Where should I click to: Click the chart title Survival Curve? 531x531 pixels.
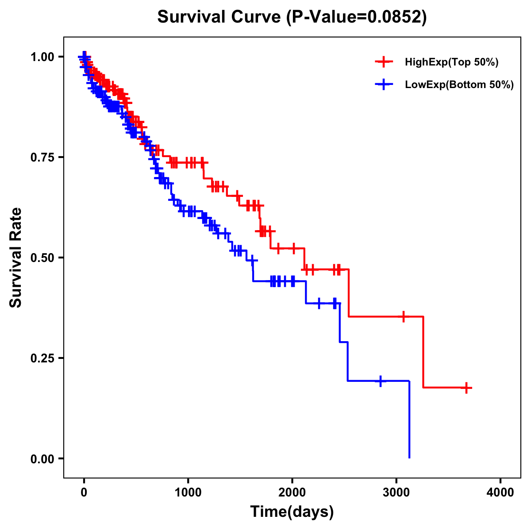219,17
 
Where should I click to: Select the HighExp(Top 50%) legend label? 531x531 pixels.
451,62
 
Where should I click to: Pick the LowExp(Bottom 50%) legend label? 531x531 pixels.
459,85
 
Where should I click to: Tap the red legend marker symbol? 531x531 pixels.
384,62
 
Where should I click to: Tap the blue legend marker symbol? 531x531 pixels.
384,85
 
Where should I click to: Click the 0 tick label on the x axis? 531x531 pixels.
84,493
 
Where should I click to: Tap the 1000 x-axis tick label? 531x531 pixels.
188,493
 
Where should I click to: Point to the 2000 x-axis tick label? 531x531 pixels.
292,493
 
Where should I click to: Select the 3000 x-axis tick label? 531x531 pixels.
396,493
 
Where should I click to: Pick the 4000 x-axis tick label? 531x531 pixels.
500,493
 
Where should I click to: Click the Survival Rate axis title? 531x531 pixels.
16,258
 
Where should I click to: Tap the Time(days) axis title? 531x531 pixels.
292,512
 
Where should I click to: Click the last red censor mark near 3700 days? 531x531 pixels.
466,388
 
